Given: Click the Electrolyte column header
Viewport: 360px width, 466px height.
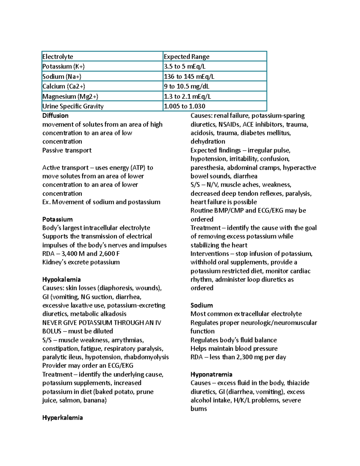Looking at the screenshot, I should point(58,56).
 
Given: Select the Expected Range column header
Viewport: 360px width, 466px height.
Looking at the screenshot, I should point(186,56).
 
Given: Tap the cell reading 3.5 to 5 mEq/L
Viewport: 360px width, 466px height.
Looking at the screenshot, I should point(184,66).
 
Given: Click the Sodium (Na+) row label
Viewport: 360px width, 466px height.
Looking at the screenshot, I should point(62,76).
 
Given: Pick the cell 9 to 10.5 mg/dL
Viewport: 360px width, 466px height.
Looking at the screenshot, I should point(186,86).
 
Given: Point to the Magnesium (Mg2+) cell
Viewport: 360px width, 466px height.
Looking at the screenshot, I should point(70,96).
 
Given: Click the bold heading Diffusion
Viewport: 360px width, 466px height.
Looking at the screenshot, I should point(55,116).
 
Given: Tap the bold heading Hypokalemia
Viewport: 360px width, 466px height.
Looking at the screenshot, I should point(61,279).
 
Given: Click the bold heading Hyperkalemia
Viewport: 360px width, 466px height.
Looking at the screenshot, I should point(62,418).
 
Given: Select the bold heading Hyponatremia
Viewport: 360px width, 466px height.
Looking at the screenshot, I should point(211,374).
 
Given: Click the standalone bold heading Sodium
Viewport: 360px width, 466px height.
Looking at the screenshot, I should point(202,305).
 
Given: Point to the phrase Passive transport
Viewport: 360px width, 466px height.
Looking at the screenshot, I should point(67,150).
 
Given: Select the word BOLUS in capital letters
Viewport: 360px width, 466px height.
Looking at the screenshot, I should point(52,331).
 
